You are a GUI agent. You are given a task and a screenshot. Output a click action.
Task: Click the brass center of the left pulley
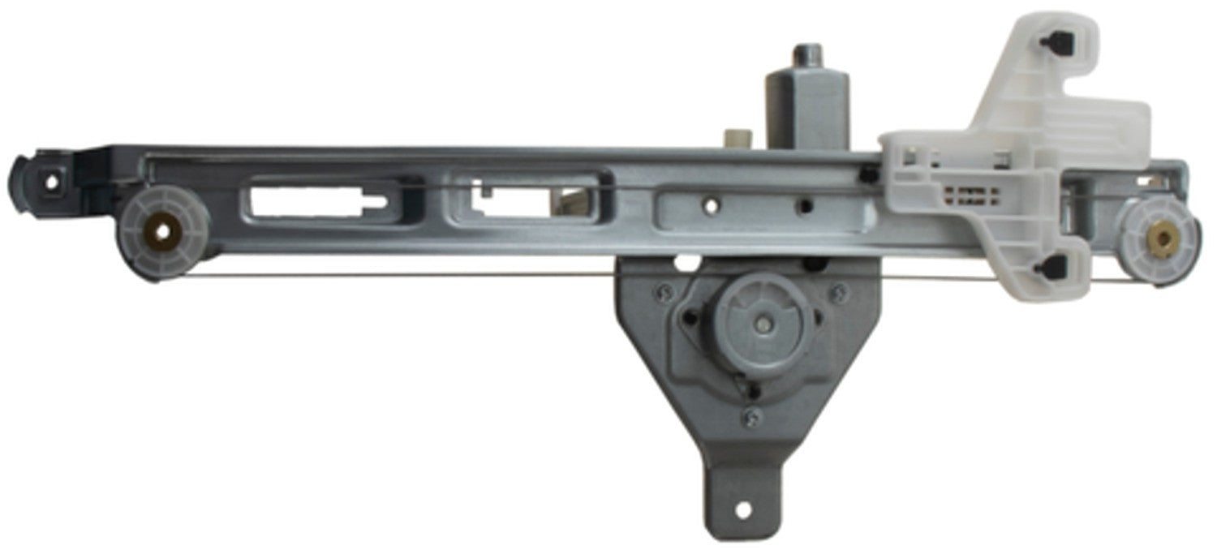[165, 233]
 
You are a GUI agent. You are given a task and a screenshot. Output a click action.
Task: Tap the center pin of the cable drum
[761, 322]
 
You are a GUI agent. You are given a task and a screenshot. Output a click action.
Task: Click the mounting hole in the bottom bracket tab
[741, 510]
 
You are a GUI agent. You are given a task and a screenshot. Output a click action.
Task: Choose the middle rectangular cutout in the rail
[527, 195]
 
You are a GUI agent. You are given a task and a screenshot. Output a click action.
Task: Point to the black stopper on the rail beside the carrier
[869, 174]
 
